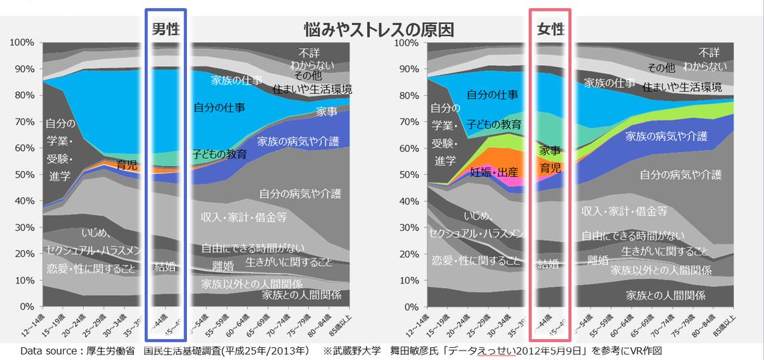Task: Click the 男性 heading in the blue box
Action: click(165, 29)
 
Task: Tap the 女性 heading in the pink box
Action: click(550, 29)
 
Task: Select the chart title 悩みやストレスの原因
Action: click(379, 29)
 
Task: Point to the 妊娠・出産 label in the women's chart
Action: click(494, 172)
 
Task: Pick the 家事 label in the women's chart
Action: click(550, 151)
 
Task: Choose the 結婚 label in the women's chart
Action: click(548, 264)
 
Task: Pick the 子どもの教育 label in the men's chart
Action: click(219, 154)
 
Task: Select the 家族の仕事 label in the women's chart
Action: click(609, 83)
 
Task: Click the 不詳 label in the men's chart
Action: click(310, 52)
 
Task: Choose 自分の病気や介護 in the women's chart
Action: click(680, 174)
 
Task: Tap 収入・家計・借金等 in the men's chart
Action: click(244, 217)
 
